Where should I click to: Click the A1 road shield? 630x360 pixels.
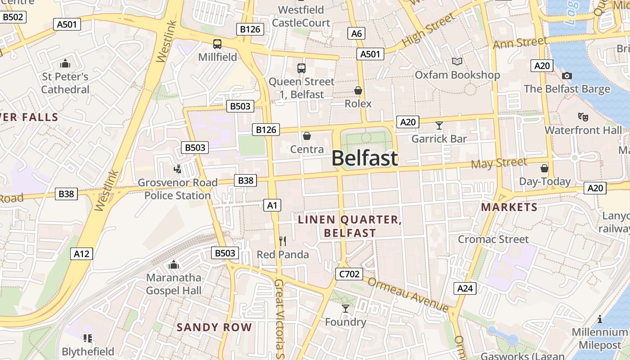coord(272,206)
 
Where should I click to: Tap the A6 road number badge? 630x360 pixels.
coord(356,33)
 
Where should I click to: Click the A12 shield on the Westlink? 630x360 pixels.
coord(82,254)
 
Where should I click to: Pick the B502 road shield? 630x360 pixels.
coord(13,17)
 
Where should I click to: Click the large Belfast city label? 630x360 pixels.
coord(365,158)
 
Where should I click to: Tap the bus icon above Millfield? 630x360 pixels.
coord(217,44)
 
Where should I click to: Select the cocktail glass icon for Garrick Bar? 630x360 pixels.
coord(439,126)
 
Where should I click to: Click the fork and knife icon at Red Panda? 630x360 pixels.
coord(283,241)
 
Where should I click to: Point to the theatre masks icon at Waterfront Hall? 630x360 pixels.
coord(583,117)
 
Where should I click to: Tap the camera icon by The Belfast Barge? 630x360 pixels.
coord(567,76)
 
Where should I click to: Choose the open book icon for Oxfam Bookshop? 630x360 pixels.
coord(457,61)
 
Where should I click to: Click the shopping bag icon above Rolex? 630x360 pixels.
coord(358,91)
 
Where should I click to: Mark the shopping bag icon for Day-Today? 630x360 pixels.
coord(544,168)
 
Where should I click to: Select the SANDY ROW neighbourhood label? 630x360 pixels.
coord(214,327)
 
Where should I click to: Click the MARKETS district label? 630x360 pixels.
coord(509,207)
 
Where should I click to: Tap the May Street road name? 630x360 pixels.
coord(499,163)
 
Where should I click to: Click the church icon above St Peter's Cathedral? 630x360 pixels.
coord(65,63)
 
